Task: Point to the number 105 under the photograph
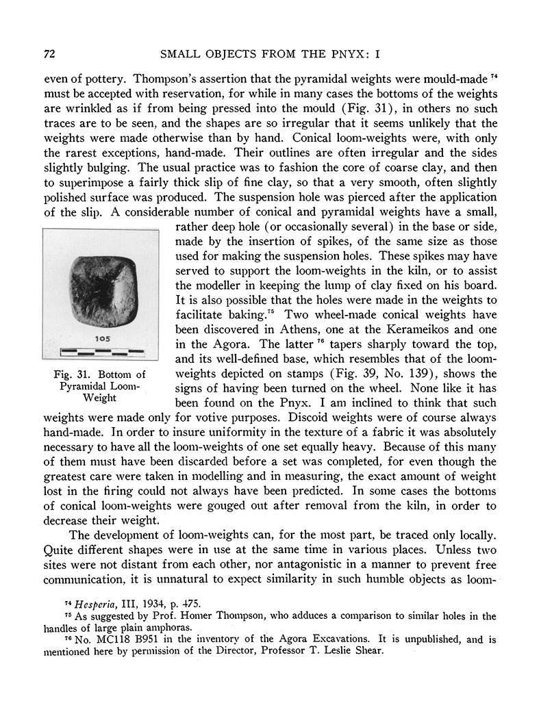102,339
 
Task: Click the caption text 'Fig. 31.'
75,374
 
